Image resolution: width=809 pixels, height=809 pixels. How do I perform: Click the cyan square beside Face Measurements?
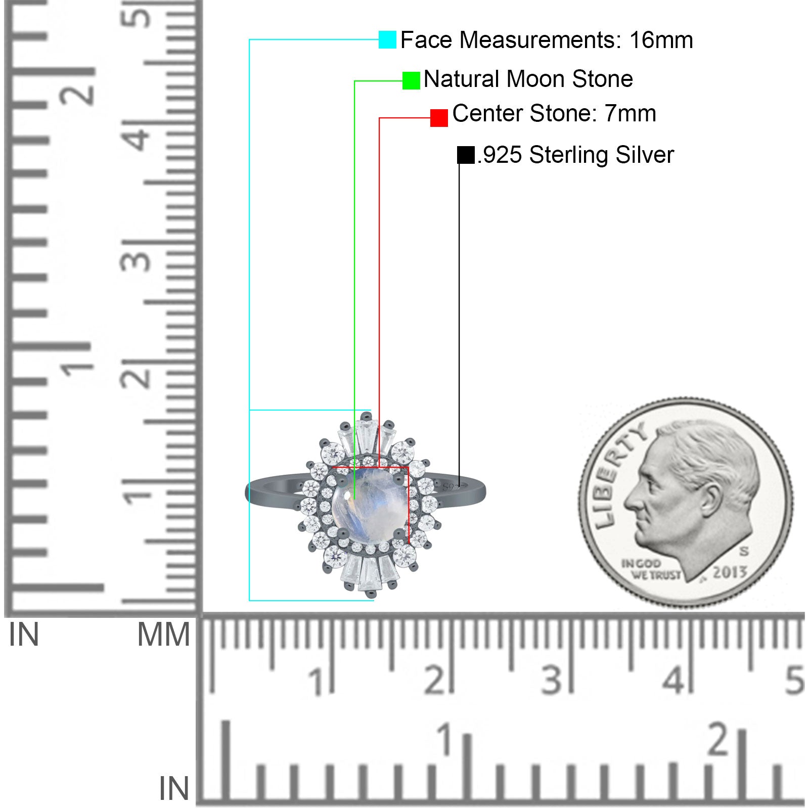(x=387, y=39)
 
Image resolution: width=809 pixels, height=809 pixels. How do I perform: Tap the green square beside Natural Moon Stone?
(x=411, y=80)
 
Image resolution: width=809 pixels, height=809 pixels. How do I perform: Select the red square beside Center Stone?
(x=439, y=118)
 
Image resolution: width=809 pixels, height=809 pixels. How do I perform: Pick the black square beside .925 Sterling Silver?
(x=466, y=155)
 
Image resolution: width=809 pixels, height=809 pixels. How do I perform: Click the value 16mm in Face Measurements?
(x=661, y=40)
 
